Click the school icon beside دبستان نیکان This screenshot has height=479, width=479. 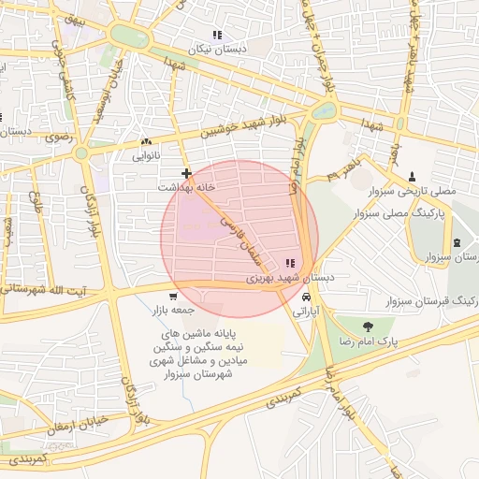(217, 35)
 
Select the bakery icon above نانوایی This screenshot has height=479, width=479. (146, 142)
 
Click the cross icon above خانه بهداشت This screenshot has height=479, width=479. (187, 173)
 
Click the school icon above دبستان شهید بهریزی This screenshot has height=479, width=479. (290, 264)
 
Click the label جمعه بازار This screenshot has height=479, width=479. (174, 310)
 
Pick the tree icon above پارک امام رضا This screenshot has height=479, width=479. (367, 327)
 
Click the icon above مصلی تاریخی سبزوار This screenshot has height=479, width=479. (413, 176)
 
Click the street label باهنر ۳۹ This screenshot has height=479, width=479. (344, 171)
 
